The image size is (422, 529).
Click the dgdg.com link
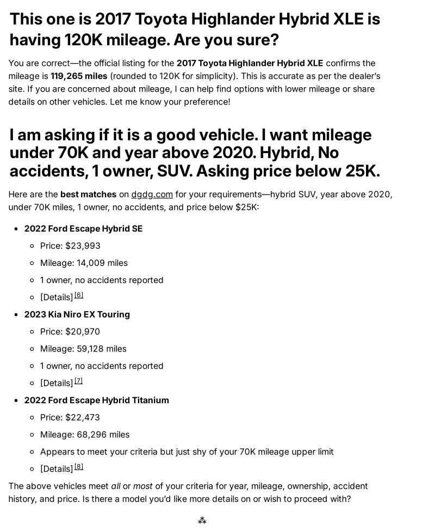coord(152,194)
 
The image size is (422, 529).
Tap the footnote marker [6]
coord(79,295)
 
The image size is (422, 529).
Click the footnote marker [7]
coord(79,381)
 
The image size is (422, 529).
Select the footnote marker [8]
coord(79,466)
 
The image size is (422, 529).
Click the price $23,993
coord(83,246)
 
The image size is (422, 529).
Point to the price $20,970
coord(83,331)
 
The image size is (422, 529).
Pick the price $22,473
coord(83,417)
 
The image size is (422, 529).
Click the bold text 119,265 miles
coord(79,76)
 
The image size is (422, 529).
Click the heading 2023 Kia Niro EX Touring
coord(77,314)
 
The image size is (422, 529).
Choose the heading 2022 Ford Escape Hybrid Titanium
coord(96,400)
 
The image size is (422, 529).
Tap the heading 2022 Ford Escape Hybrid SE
coord(83,229)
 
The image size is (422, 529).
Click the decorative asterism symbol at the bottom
coord(202,521)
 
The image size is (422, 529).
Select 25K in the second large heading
coord(362,171)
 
